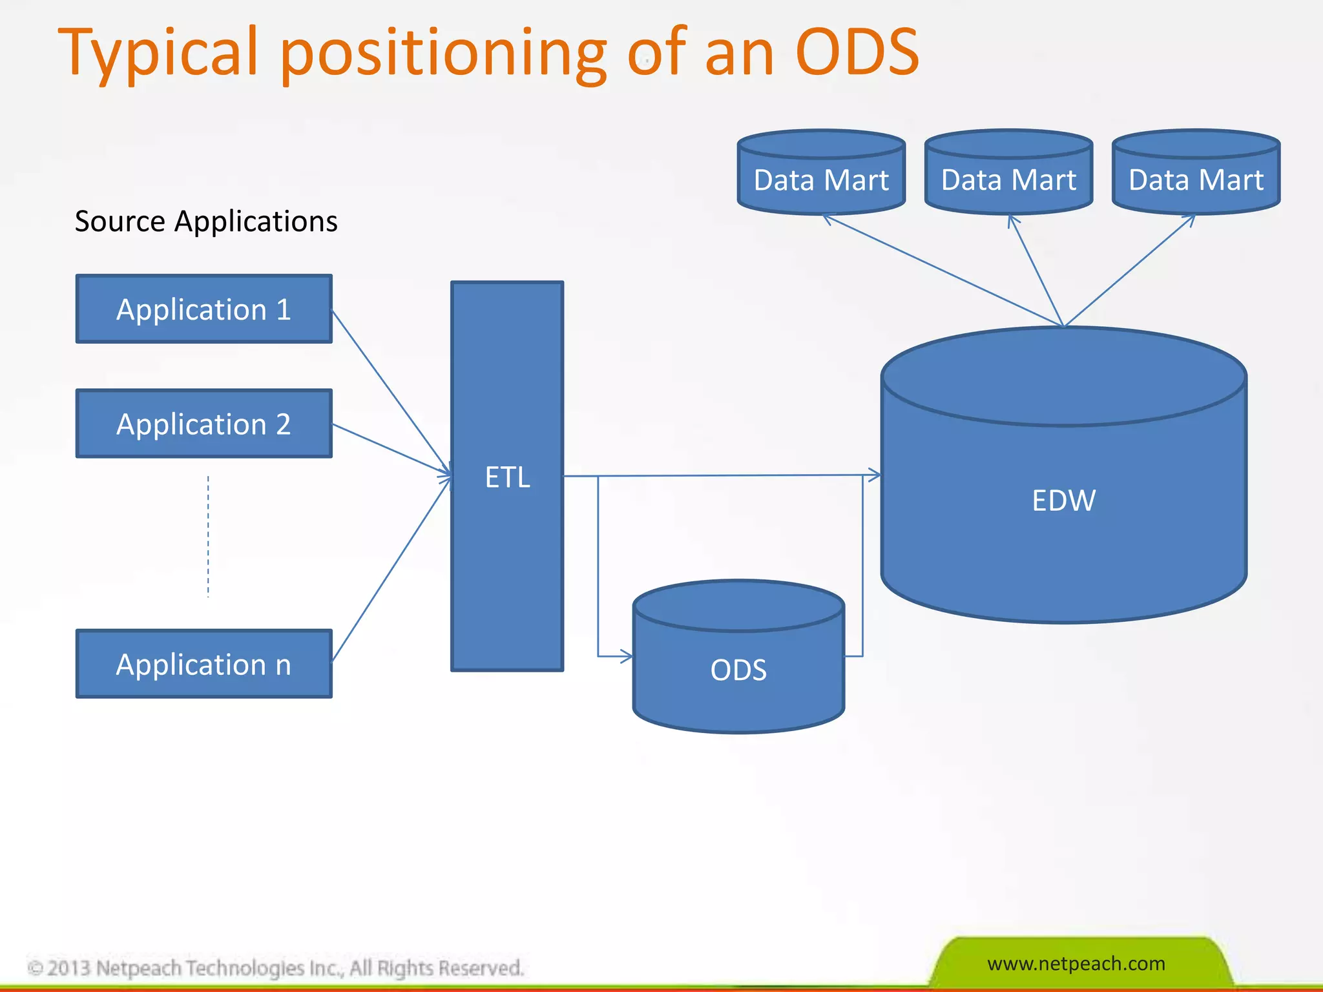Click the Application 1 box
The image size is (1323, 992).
pos(203,309)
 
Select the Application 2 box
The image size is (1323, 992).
pos(203,424)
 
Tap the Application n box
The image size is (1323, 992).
pos(203,665)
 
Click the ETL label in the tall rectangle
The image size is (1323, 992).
pos(507,478)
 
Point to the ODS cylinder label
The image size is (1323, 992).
pos(738,670)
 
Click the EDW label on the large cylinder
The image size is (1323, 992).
pos(1063,501)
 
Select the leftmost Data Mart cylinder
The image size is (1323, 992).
pos(821,179)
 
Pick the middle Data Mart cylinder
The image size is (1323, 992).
pos(1008,179)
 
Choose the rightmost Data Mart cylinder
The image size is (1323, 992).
pos(1196,179)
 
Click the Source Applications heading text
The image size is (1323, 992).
pos(206,222)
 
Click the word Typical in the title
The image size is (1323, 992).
pos(158,53)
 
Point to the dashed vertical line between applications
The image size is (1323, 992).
pos(208,536)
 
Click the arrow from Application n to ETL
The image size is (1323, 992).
pos(391,570)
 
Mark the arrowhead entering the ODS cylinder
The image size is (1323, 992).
pos(625,656)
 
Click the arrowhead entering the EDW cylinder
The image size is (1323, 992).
pos(873,475)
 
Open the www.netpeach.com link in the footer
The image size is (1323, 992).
pos(1076,964)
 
